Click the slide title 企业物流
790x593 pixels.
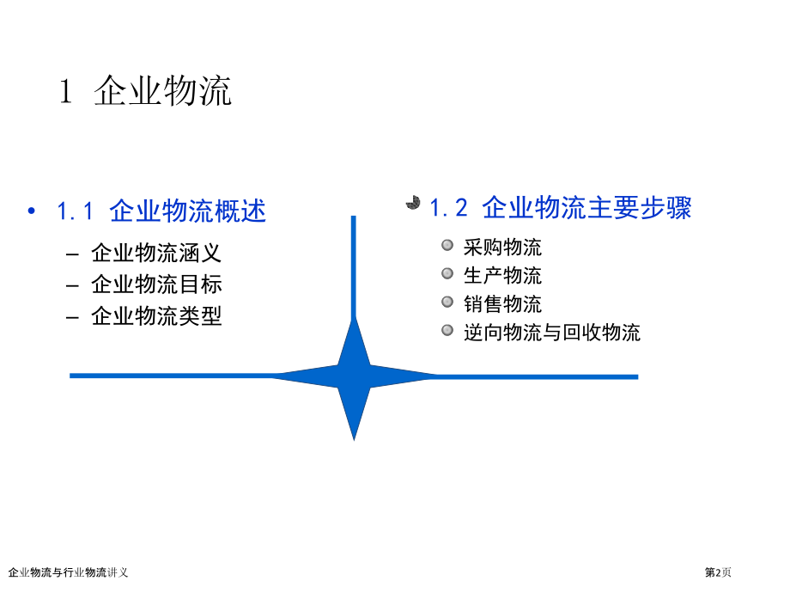tap(162, 91)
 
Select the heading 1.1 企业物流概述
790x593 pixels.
tap(161, 211)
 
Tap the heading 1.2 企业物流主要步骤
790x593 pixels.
tap(561, 208)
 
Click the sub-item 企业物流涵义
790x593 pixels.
tap(156, 253)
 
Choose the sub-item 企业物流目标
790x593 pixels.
tap(156, 284)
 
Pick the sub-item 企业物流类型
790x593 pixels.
tap(156, 316)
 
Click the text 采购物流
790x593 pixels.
tap(502, 248)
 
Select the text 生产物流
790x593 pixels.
tap(502, 275)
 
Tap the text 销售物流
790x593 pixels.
tap(502, 304)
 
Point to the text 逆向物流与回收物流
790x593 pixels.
tap(551, 333)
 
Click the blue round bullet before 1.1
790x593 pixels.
tap(32, 211)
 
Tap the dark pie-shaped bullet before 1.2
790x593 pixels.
tap(413, 203)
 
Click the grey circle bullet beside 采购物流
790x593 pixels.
tap(447, 245)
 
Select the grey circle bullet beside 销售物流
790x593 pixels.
tap(447, 302)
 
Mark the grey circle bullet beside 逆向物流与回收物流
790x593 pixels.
tap(447, 330)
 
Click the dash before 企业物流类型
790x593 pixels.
tap(72, 318)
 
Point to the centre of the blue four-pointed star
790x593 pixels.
tap(354, 376)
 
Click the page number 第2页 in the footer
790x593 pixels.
tap(718, 572)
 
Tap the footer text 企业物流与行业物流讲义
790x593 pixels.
tap(68, 572)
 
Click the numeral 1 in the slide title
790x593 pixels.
tap(66, 91)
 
